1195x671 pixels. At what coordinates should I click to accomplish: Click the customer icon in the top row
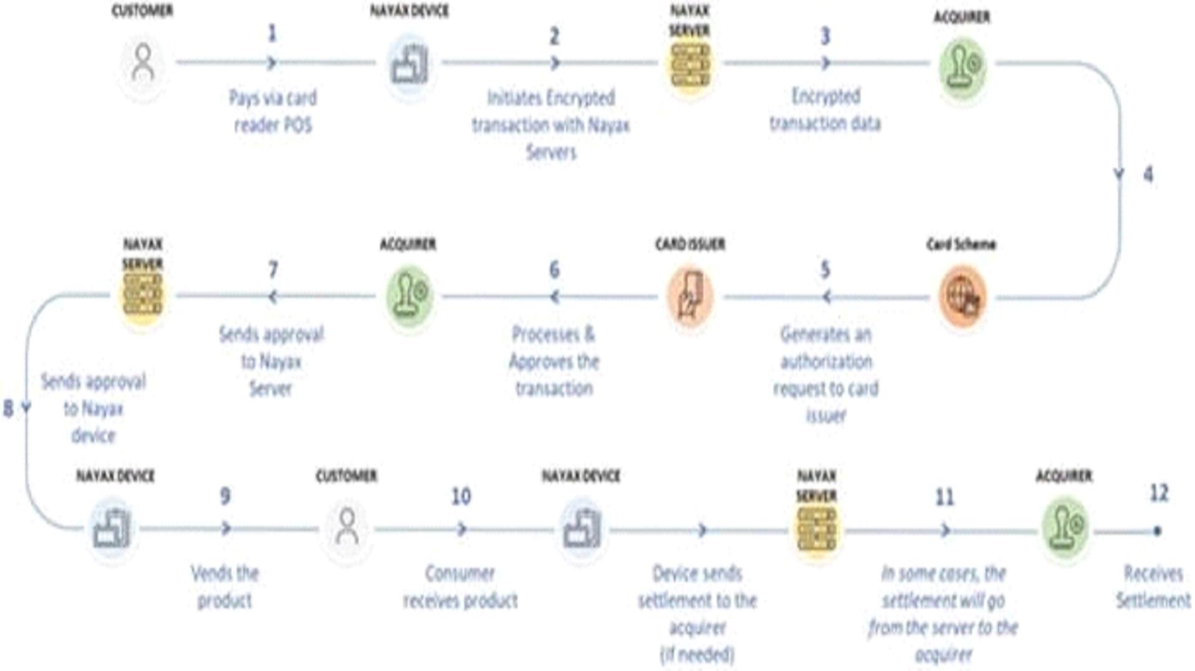pos(143,63)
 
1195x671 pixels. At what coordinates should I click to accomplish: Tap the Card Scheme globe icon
pos(962,296)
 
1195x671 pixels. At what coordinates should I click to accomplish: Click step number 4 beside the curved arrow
pos(1148,175)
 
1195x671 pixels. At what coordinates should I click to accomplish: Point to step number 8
pos(8,408)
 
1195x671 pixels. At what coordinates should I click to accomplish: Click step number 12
pos(1158,493)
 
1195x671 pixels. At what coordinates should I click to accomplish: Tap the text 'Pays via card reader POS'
pos(273,112)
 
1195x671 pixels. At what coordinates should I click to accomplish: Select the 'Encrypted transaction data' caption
pos(825,110)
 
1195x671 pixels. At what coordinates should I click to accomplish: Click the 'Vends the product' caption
pos(224,587)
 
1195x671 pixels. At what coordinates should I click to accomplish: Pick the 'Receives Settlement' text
pos(1153,587)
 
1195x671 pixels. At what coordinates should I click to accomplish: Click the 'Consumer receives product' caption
pos(460,587)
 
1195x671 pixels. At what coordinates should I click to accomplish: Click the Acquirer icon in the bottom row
pos(1065,529)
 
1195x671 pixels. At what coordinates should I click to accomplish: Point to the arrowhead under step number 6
pos(554,297)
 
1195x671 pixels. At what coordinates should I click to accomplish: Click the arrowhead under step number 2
pos(555,63)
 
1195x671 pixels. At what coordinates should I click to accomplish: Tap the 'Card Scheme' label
pos(961,244)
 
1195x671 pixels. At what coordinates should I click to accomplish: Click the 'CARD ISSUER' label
pos(689,244)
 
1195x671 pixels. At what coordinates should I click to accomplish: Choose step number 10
pos(461,497)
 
